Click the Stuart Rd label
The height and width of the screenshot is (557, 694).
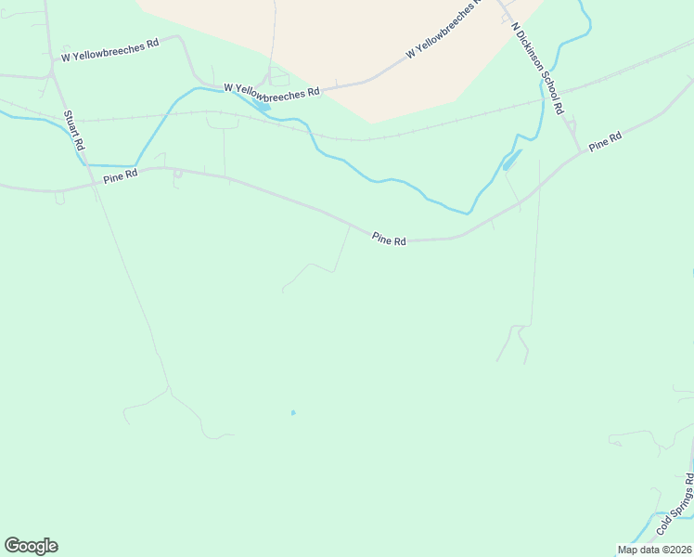[74, 131]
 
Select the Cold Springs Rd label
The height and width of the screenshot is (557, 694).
[675, 505]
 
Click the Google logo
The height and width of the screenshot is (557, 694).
[31, 546]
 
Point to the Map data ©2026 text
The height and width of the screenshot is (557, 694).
[654, 550]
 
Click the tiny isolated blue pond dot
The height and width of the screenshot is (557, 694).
[293, 413]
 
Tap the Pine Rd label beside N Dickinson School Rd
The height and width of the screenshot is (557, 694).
[604, 141]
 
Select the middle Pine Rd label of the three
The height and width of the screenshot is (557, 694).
[389, 240]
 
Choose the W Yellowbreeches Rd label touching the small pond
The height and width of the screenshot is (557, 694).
[272, 91]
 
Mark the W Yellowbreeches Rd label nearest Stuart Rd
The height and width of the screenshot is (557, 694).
[110, 50]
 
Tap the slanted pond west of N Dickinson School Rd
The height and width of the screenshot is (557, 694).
[511, 160]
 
